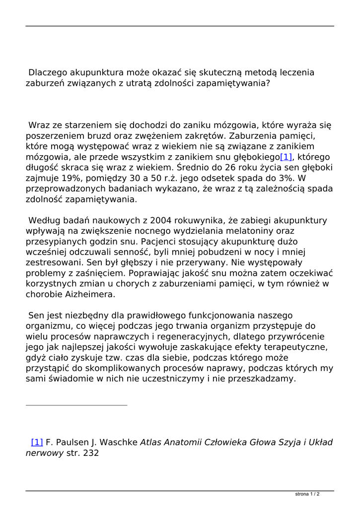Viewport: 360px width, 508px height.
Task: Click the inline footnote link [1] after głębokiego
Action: tap(287, 157)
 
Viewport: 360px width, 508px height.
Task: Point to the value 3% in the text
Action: tap(288, 178)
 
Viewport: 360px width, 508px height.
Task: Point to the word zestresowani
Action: tap(55, 262)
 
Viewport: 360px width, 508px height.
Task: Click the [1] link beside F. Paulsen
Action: tap(37, 442)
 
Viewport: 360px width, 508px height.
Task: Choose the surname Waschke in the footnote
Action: tap(116, 442)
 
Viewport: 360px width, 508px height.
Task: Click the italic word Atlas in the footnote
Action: tap(151, 442)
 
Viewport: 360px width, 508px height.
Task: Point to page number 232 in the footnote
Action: tap(91, 453)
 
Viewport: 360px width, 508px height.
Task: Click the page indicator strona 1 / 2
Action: tap(307, 494)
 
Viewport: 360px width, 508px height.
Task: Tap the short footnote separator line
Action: tap(76, 405)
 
